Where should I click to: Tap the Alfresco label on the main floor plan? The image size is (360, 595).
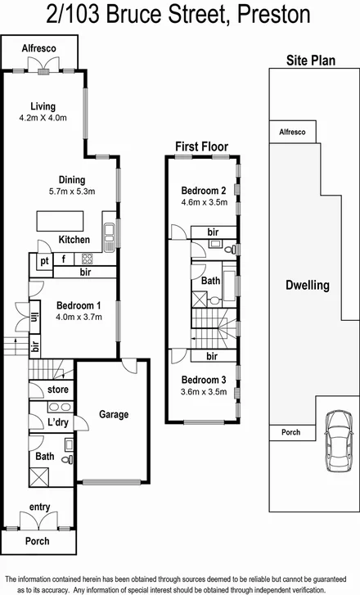38,49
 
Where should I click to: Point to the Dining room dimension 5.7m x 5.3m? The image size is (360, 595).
72,192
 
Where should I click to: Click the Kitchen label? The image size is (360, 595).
74,240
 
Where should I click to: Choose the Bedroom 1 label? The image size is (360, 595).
78,304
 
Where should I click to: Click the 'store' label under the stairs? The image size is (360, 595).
58,389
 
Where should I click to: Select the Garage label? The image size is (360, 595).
114,414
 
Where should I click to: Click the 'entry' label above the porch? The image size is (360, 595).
39,507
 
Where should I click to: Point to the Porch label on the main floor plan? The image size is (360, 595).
38,541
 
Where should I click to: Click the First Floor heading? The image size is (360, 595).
201,146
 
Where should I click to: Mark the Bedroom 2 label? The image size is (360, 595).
204,192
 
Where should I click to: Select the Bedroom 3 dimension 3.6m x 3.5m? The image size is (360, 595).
204,392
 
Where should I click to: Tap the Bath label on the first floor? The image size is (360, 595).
209,280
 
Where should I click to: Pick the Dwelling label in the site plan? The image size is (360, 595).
307,286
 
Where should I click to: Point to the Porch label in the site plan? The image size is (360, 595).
290,432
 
